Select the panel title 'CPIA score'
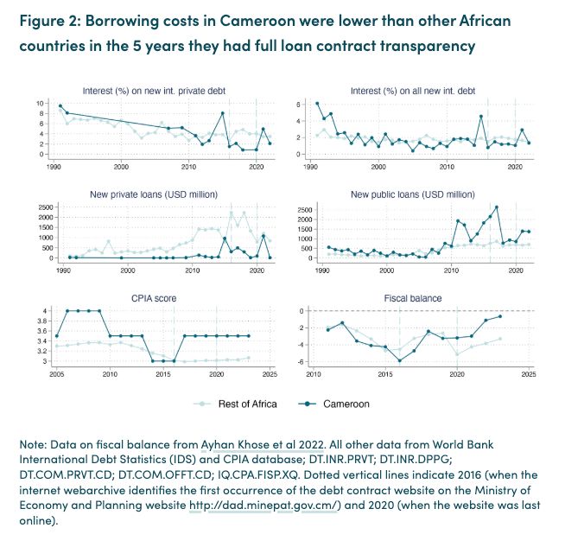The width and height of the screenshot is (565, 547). click(153, 298)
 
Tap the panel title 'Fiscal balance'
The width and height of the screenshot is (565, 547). click(412, 298)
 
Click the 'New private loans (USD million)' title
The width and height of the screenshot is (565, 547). click(153, 194)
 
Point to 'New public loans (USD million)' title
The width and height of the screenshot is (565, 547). click(412, 194)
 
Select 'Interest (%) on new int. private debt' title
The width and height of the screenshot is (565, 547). click(153, 91)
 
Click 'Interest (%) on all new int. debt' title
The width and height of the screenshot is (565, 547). click(412, 91)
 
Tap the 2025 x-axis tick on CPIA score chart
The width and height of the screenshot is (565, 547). click(270, 374)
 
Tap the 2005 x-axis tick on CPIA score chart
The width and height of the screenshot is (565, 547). click(57, 374)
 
